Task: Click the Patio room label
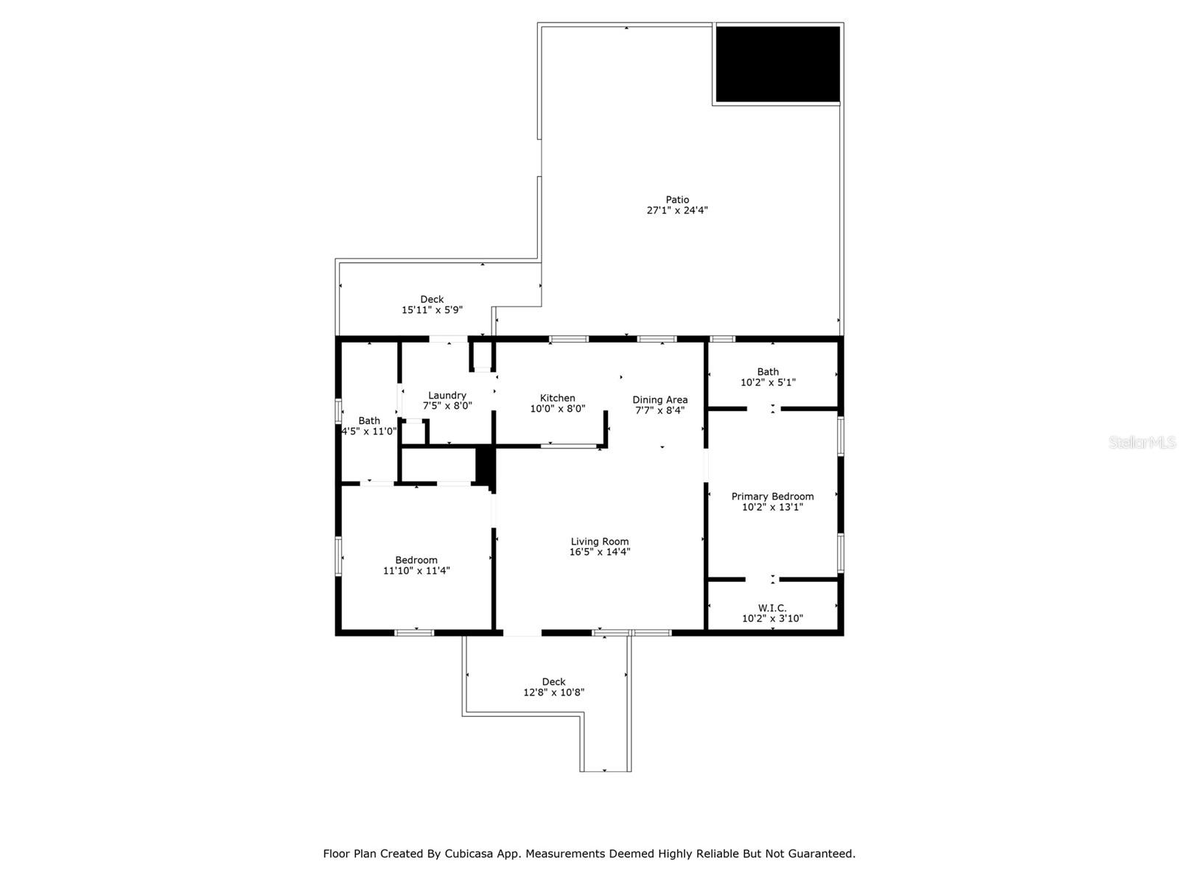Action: pyautogui.click(x=677, y=200)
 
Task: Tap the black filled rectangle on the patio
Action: pyautogui.click(x=777, y=64)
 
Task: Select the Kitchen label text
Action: pyautogui.click(x=557, y=398)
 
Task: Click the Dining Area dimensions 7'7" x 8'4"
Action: pyautogui.click(x=660, y=410)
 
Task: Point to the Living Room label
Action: pyautogui.click(x=599, y=541)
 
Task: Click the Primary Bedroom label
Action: pyautogui.click(x=772, y=497)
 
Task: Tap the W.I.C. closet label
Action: pyautogui.click(x=772, y=608)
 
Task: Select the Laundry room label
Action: pyautogui.click(x=447, y=396)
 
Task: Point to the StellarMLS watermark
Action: pyautogui.click(x=1142, y=443)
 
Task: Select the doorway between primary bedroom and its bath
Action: pyautogui.click(x=763, y=408)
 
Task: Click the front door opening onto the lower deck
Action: pyautogui.click(x=522, y=632)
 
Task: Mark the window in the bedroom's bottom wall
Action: pyautogui.click(x=414, y=632)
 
